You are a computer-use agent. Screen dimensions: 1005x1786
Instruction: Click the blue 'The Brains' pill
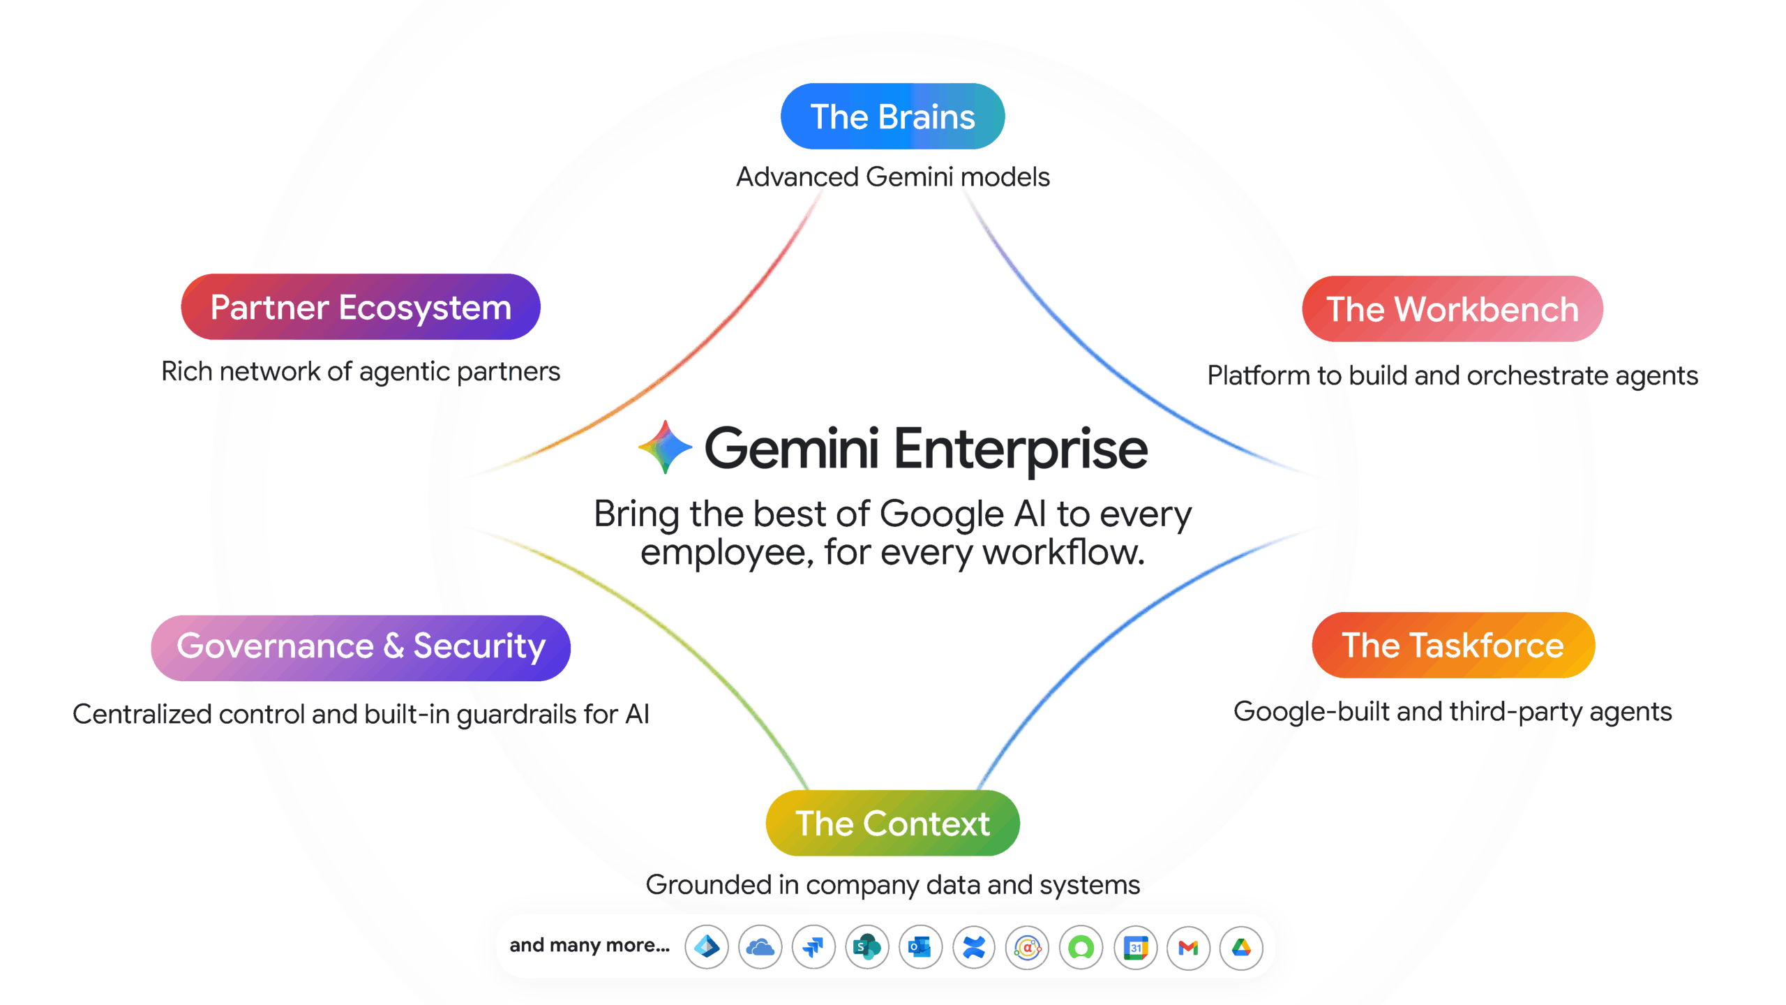point(892,117)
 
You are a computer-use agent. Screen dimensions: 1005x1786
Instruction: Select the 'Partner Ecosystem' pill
point(361,307)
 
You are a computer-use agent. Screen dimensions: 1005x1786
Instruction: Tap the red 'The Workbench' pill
point(1452,309)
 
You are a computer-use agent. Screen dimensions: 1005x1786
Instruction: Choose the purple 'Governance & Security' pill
point(361,647)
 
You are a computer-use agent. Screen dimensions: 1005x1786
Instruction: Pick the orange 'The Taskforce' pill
point(1453,646)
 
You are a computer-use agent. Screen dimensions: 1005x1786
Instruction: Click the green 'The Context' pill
point(892,824)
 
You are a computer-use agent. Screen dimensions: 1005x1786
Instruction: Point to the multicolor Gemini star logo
point(665,447)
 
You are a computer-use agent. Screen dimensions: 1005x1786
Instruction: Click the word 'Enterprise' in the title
point(1021,450)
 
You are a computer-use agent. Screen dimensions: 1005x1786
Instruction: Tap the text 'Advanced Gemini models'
point(892,177)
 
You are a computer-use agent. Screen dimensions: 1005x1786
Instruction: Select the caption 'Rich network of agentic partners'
point(361,372)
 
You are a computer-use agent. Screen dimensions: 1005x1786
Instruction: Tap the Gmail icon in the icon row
point(1188,948)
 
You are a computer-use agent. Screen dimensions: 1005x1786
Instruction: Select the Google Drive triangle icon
point(1241,948)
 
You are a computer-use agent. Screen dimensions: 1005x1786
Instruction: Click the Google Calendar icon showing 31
point(1135,948)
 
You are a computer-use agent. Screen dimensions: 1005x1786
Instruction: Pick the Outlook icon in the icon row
point(920,948)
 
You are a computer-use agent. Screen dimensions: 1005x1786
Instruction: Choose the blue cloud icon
point(760,948)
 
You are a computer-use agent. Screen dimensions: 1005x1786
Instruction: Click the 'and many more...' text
point(590,945)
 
